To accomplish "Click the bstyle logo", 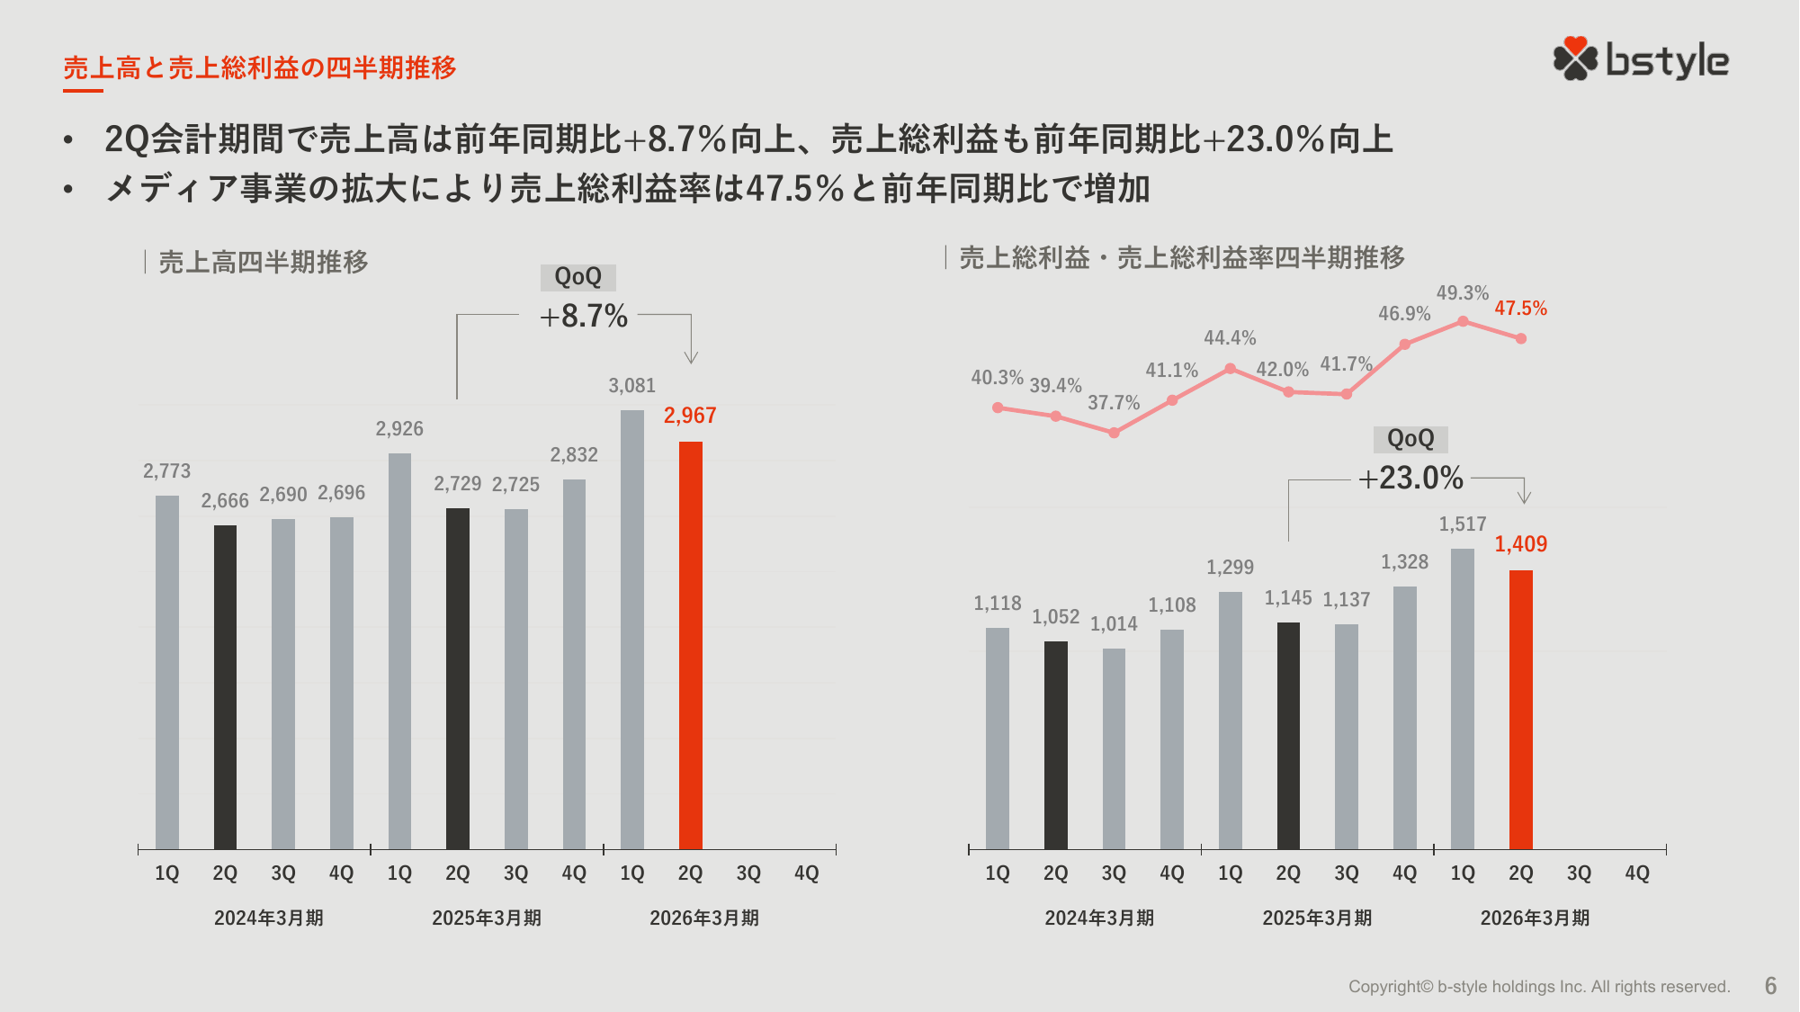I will coord(1641,60).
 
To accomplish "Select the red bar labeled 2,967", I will coord(690,645).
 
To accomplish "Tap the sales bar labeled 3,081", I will coord(632,630).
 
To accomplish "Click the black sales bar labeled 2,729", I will coord(458,678).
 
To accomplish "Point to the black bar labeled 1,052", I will coord(1055,745).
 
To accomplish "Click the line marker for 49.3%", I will coord(1463,321).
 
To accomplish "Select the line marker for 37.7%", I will coord(1114,433).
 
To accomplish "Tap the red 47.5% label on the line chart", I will coord(1520,309).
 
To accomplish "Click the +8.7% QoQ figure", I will coord(583,317).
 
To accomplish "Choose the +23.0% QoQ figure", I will coord(1410,479).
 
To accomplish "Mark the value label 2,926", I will coord(399,429).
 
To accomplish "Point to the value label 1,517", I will coord(1463,524).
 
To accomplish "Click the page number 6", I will coord(1770,986).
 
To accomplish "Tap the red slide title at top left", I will coord(260,67).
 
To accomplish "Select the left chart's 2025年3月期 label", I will coord(487,918).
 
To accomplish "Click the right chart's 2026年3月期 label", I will coord(1535,918).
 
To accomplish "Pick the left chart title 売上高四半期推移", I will coord(264,262).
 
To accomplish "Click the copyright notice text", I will coord(1538,987).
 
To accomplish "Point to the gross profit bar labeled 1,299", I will coord(1230,720).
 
